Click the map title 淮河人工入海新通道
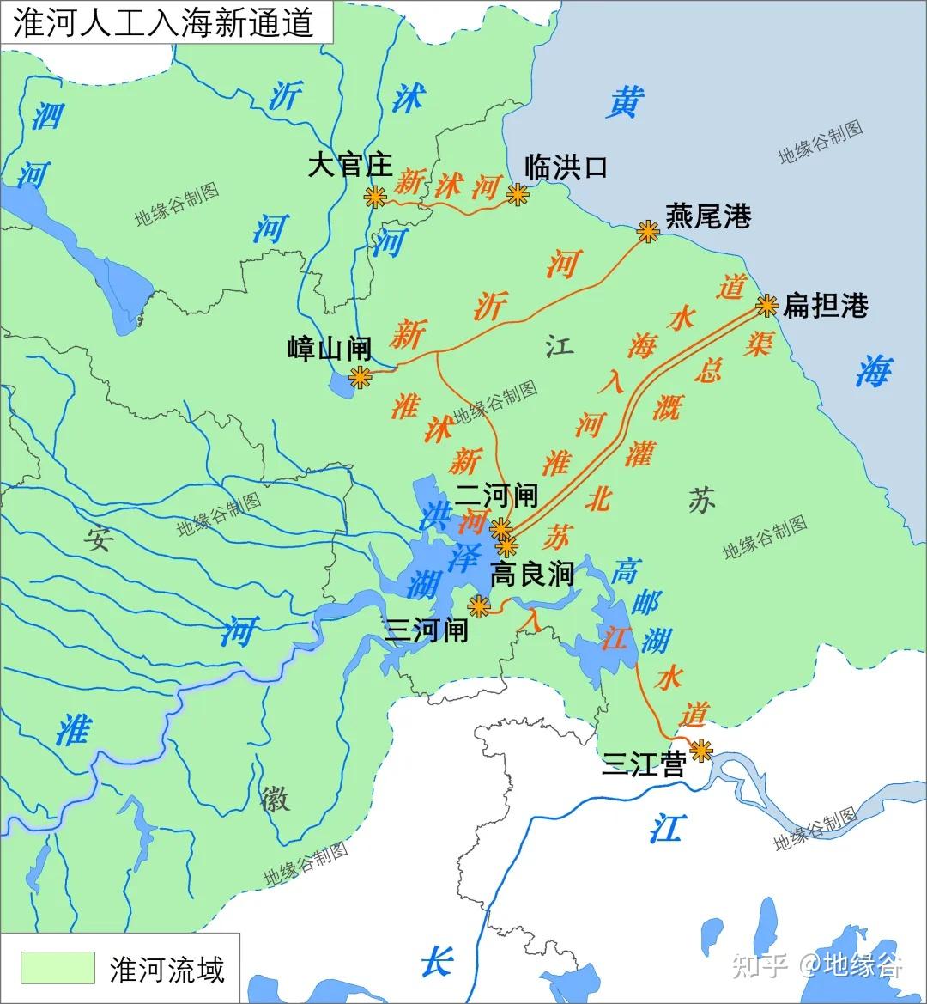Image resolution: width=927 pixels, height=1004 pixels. coord(163,23)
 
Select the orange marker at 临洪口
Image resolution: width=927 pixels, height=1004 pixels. coord(517,195)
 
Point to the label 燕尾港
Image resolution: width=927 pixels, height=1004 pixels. coord(708,216)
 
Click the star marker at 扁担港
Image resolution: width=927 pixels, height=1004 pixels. coord(766,305)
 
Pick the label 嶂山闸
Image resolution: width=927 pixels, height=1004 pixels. coord(329,349)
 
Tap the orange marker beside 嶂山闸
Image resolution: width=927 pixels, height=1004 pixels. coord(359,376)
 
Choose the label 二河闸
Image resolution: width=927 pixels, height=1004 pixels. coord(496,495)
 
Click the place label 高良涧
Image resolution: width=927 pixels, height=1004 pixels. coord(530,575)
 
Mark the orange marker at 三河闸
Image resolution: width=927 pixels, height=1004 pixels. coord(478,605)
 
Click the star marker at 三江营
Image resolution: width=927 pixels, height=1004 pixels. coord(701,750)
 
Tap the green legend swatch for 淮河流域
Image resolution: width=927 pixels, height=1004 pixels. coord(58,968)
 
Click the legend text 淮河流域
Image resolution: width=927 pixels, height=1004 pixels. coord(167,969)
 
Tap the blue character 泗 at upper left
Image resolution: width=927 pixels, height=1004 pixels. coord(47,114)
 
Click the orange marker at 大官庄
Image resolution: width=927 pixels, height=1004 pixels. coord(374,197)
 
